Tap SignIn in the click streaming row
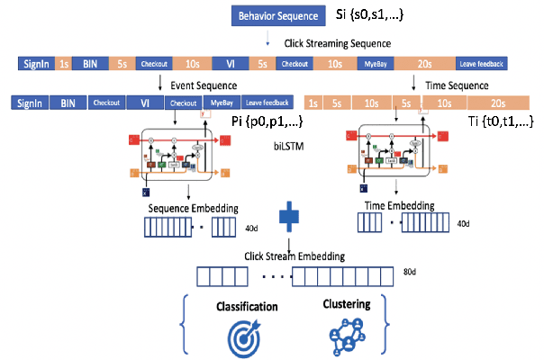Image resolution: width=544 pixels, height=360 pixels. [x=34, y=64]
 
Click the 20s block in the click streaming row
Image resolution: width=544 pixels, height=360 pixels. [x=425, y=64]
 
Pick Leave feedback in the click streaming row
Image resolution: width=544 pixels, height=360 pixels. [x=480, y=64]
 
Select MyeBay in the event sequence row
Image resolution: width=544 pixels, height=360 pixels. [x=222, y=103]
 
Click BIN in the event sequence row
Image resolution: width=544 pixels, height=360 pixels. [x=68, y=103]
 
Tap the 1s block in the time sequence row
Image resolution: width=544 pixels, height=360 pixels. [x=316, y=103]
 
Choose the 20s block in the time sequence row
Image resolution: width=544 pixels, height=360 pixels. [x=498, y=103]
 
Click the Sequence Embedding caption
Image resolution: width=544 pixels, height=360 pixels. [x=192, y=208]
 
